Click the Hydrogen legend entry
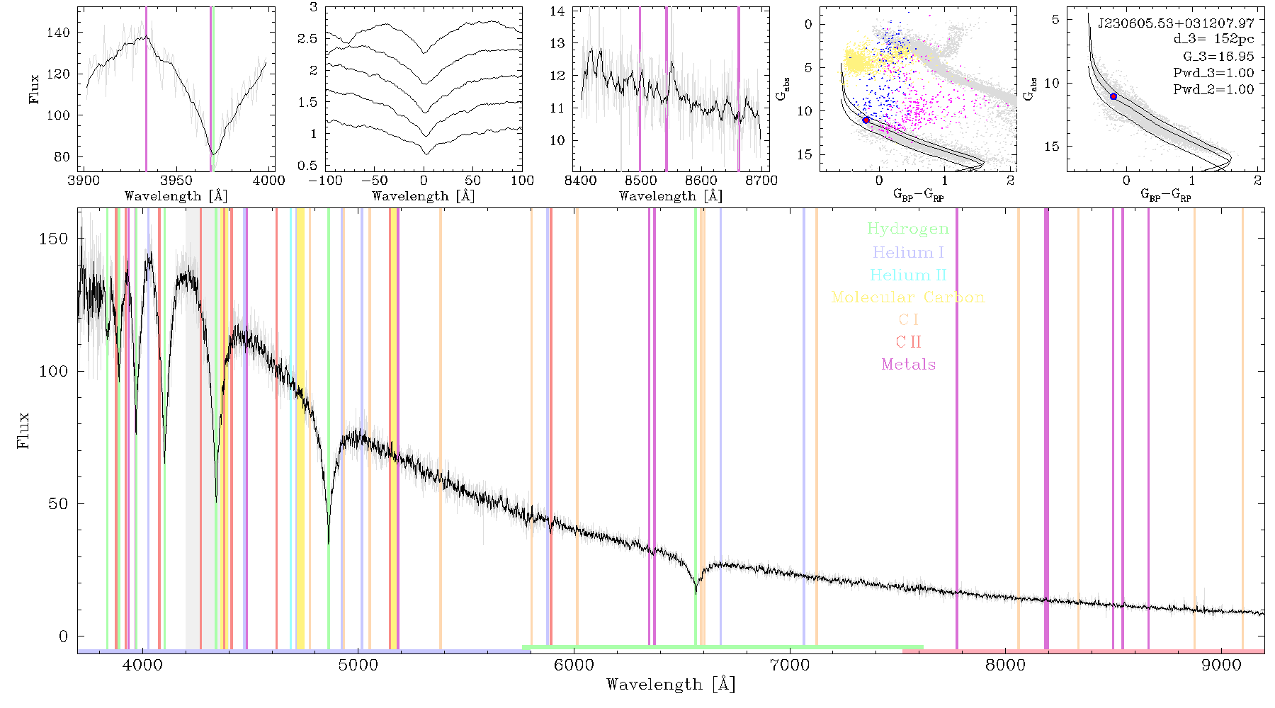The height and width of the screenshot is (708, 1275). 907,229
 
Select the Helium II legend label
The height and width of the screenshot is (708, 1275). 908,275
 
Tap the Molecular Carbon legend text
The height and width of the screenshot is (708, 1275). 908,297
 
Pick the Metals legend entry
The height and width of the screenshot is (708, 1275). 908,365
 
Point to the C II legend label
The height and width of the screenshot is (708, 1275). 908,342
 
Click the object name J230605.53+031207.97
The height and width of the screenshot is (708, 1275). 1176,23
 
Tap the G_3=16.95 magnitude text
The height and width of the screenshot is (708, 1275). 1218,56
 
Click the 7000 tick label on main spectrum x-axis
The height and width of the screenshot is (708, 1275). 790,665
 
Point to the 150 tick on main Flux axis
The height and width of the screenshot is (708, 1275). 54,239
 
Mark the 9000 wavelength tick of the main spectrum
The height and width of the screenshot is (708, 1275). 1221,665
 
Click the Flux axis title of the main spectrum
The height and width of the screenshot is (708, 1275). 24,430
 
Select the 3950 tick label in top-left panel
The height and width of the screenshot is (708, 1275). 176,180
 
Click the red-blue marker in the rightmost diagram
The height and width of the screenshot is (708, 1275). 1113,96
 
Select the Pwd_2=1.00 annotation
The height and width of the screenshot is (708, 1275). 1213,89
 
